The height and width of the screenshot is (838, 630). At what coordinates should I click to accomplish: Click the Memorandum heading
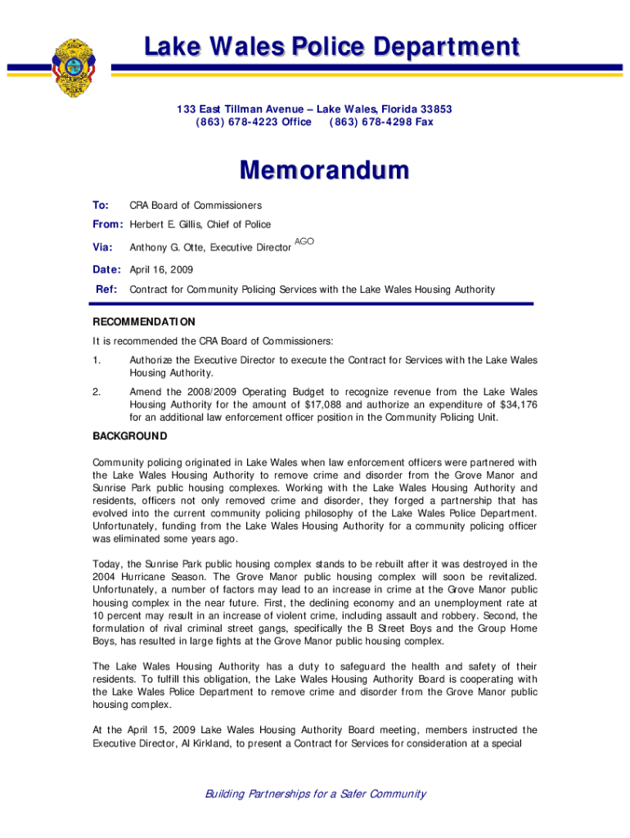[323, 172]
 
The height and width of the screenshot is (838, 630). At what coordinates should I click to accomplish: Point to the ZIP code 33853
[434, 109]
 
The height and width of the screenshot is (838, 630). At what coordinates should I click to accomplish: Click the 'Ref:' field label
[106, 289]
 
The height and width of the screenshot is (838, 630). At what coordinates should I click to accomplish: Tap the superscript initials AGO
[304, 242]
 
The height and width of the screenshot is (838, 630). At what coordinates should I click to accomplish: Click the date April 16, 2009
[162, 269]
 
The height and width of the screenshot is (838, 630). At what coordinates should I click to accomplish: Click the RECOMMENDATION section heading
[143, 322]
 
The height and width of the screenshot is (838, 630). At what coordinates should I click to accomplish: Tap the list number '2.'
[97, 392]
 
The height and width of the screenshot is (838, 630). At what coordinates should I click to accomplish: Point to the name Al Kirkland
[216, 743]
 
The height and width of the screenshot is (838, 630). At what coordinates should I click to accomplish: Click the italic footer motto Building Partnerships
[315, 793]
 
